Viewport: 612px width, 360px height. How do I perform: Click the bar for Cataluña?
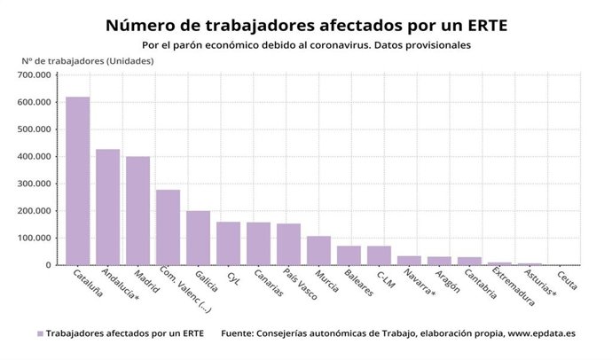(77, 181)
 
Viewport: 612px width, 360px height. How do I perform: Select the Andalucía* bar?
(107, 207)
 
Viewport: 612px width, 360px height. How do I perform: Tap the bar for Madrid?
(137, 211)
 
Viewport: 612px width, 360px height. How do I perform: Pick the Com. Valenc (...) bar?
(168, 228)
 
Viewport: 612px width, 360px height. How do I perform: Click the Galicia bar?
(198, 238)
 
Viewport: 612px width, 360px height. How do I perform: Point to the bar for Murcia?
(318, 251)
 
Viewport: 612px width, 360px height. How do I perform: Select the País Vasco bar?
(288, 245)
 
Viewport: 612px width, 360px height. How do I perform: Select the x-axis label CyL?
(231, 278)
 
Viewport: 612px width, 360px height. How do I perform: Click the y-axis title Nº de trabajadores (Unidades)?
(88, 60)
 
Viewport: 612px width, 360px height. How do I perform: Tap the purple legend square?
(40, 334)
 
